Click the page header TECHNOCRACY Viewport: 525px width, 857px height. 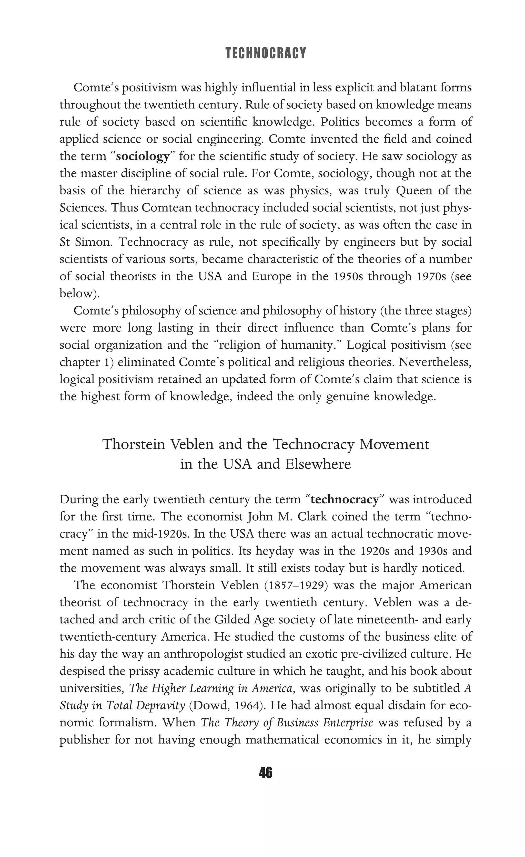click(266, 53)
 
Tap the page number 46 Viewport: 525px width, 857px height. click(266, 772)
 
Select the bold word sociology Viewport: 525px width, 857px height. click(142, 156)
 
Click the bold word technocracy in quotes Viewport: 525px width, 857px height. click(344, 499)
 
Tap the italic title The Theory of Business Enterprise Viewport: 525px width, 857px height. click(287, 723)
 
